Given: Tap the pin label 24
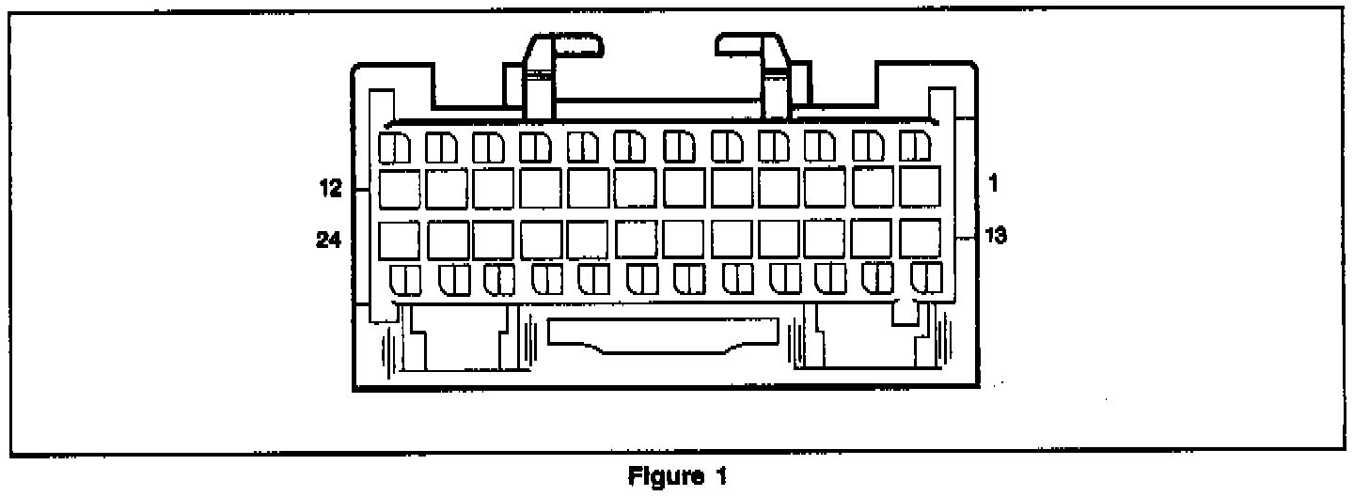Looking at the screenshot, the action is tap(329, 240).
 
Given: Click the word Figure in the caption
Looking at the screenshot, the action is tap(660, 477).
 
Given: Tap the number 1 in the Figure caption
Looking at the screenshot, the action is tap(721, 477).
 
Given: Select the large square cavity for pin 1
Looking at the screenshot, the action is tap(921, 187).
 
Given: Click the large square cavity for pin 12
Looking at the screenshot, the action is tap(399, 188).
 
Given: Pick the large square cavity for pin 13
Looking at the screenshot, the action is tap(921, 239).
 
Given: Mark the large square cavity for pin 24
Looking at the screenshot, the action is tap(399, 240).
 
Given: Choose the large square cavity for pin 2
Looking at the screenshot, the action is tap(874, 188).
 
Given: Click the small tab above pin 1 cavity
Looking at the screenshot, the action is tap(914, 147).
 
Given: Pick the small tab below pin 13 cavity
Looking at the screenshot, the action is tap(927, 277).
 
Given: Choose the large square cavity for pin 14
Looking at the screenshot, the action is tap(874, 240).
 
